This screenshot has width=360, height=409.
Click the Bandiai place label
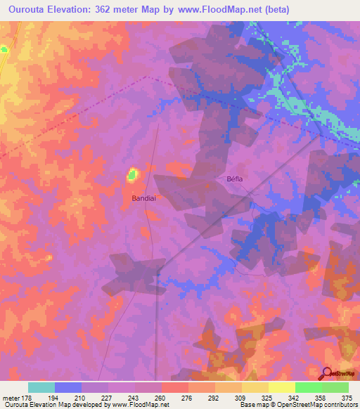click(144, 198)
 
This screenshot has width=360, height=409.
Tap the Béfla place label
click(234, 178)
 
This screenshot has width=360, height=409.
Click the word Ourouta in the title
click(27, 9)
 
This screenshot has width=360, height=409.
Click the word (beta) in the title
click(275, 9)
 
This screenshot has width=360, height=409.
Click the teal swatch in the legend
click(41, 387)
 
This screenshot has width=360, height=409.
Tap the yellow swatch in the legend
click(282, 387)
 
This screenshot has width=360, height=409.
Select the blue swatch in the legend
click(68, 387)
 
